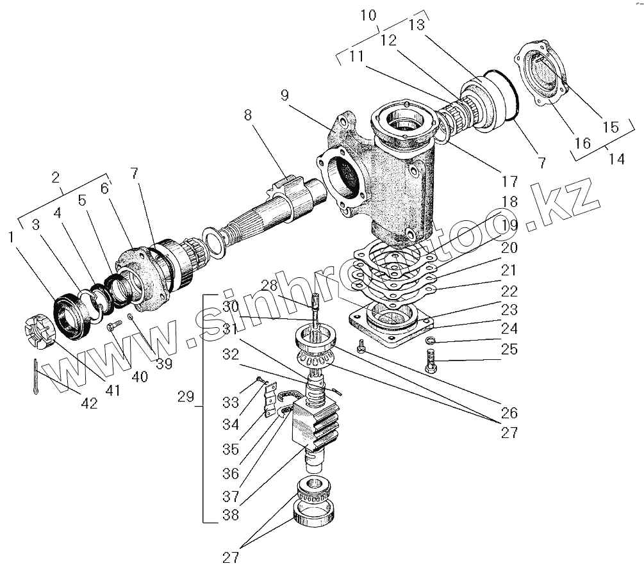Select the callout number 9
pos(285,96)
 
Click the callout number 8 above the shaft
pos(247,115)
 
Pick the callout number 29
pos(185,398)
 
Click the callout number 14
pos(616,158)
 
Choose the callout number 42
pos(89,403)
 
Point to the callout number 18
pos(509,202)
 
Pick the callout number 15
pos(611,127)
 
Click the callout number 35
pos(230,450)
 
